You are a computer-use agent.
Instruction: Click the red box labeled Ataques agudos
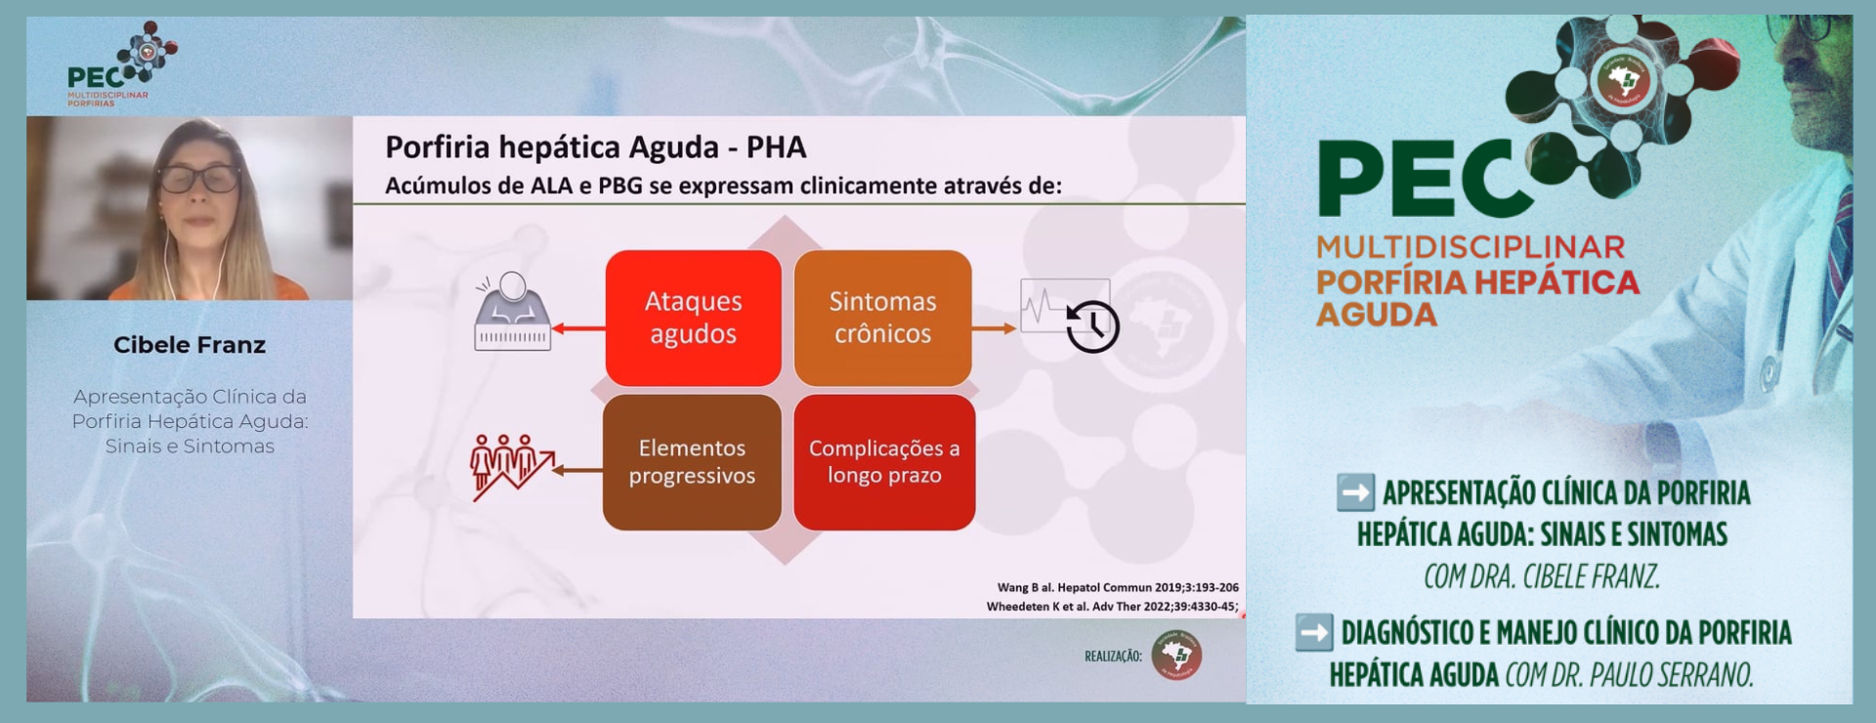coord(694,318)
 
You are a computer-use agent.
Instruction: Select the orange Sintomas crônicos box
coord(882,318)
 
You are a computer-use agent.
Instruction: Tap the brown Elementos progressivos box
coord(692,462)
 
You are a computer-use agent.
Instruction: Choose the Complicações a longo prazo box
coord(884,462)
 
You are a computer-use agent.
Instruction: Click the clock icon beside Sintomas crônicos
coord(1092,326)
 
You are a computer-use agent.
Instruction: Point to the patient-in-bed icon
coord(512,312)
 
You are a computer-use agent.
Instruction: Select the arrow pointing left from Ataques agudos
coord(578,328)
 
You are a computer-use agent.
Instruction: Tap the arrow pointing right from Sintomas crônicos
coord(995,328)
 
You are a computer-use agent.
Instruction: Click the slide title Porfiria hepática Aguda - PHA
coord(596,147)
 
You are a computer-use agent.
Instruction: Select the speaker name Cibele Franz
coord(190,345)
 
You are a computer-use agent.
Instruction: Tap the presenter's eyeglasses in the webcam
coord(198,179)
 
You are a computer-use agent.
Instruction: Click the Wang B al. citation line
coord(1118,587)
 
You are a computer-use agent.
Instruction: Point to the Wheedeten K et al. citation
coord(1113,607)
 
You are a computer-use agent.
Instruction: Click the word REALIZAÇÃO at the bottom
coord(1113,657)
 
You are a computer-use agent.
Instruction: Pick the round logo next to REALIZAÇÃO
coord(1176,656)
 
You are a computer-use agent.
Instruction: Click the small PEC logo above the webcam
coord(121,64)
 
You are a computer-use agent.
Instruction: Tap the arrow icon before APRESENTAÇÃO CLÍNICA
coord(1355,492)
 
